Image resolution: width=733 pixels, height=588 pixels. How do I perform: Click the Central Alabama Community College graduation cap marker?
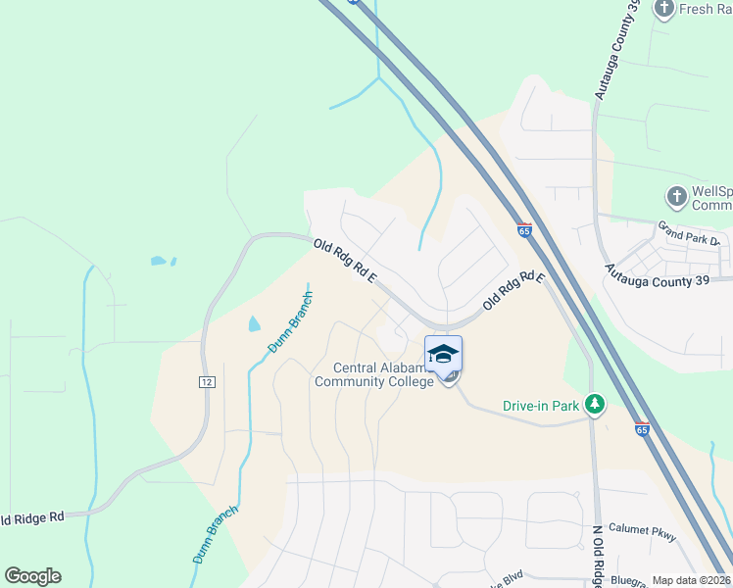point(444,354)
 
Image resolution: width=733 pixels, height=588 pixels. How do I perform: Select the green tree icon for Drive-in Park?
point(594,403)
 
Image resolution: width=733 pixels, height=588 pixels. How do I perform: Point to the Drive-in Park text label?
point(541,404)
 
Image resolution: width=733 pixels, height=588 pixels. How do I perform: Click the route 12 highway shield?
point(207,381)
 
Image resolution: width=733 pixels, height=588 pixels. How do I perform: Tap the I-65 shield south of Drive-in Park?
point(642,428)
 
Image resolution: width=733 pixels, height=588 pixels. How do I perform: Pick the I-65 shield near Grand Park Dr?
point(525,231)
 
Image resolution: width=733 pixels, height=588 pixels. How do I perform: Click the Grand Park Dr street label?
point(689,237)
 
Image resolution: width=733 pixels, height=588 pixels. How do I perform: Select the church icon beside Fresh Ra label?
point(663,9)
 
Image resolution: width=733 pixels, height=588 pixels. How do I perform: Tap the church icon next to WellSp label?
point(675,197)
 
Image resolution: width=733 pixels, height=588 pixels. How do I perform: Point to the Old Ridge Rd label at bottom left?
point(31,516)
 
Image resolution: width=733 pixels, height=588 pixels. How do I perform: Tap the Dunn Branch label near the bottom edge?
point(215,534)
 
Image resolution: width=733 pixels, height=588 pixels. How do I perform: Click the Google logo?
point(32,576)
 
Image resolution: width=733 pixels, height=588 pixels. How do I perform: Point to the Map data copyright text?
point(691,580)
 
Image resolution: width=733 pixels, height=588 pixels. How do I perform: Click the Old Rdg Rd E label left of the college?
point(345,263)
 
